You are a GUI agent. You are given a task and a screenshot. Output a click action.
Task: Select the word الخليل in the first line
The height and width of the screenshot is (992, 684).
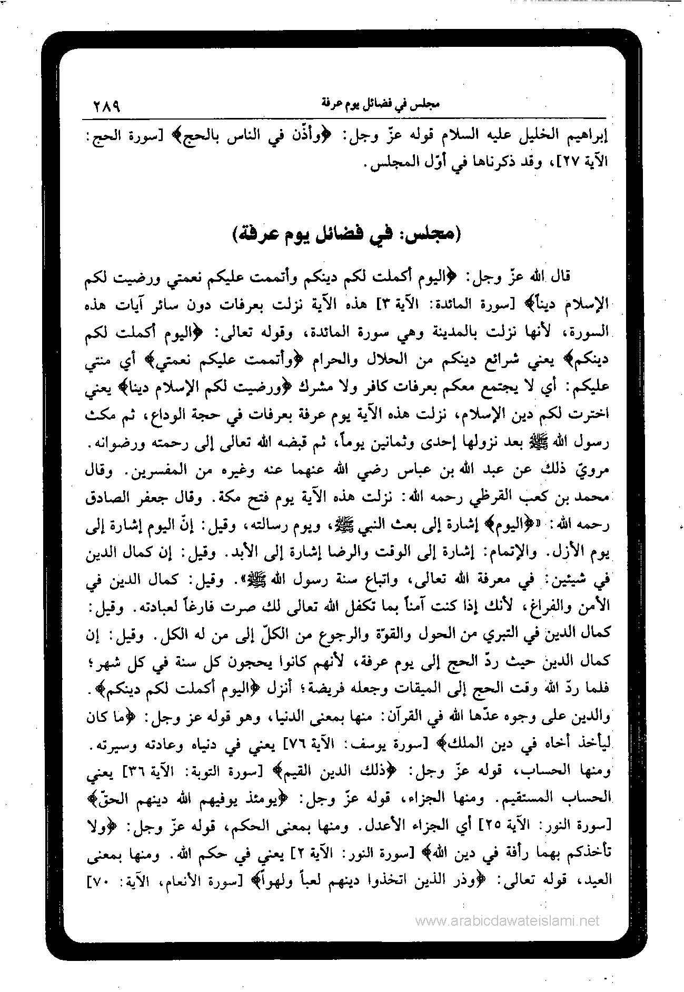(532, 138)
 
